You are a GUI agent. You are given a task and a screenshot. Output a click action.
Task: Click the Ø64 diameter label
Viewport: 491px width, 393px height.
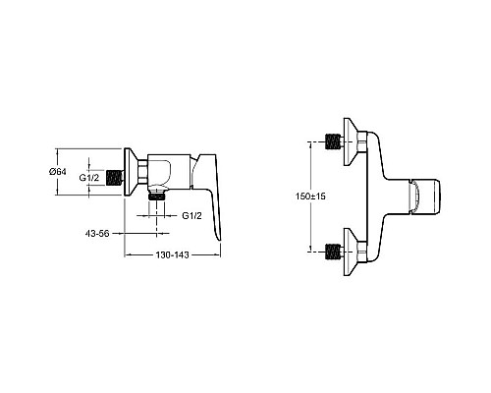coord(58,171)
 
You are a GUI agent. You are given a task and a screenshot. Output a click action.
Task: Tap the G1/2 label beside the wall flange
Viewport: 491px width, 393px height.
coord(89,178)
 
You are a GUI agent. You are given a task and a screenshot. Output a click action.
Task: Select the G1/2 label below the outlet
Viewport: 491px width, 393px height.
coord(191,215)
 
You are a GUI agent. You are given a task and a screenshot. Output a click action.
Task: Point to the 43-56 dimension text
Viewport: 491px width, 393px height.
coord(97,234)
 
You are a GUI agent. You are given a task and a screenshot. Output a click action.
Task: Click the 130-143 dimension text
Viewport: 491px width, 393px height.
coord(172,254)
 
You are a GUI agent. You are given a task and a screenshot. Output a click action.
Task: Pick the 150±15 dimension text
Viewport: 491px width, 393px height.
coord(310,196)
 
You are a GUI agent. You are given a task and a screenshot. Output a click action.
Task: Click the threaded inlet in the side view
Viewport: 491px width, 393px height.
coord(115,178)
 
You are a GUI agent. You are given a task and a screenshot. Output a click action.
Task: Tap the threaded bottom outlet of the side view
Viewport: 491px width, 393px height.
coord(157,196)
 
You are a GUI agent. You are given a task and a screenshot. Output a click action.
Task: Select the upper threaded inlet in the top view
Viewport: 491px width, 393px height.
coord(334,141)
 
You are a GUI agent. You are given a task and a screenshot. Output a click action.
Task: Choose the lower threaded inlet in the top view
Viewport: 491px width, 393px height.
coord(334,252)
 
